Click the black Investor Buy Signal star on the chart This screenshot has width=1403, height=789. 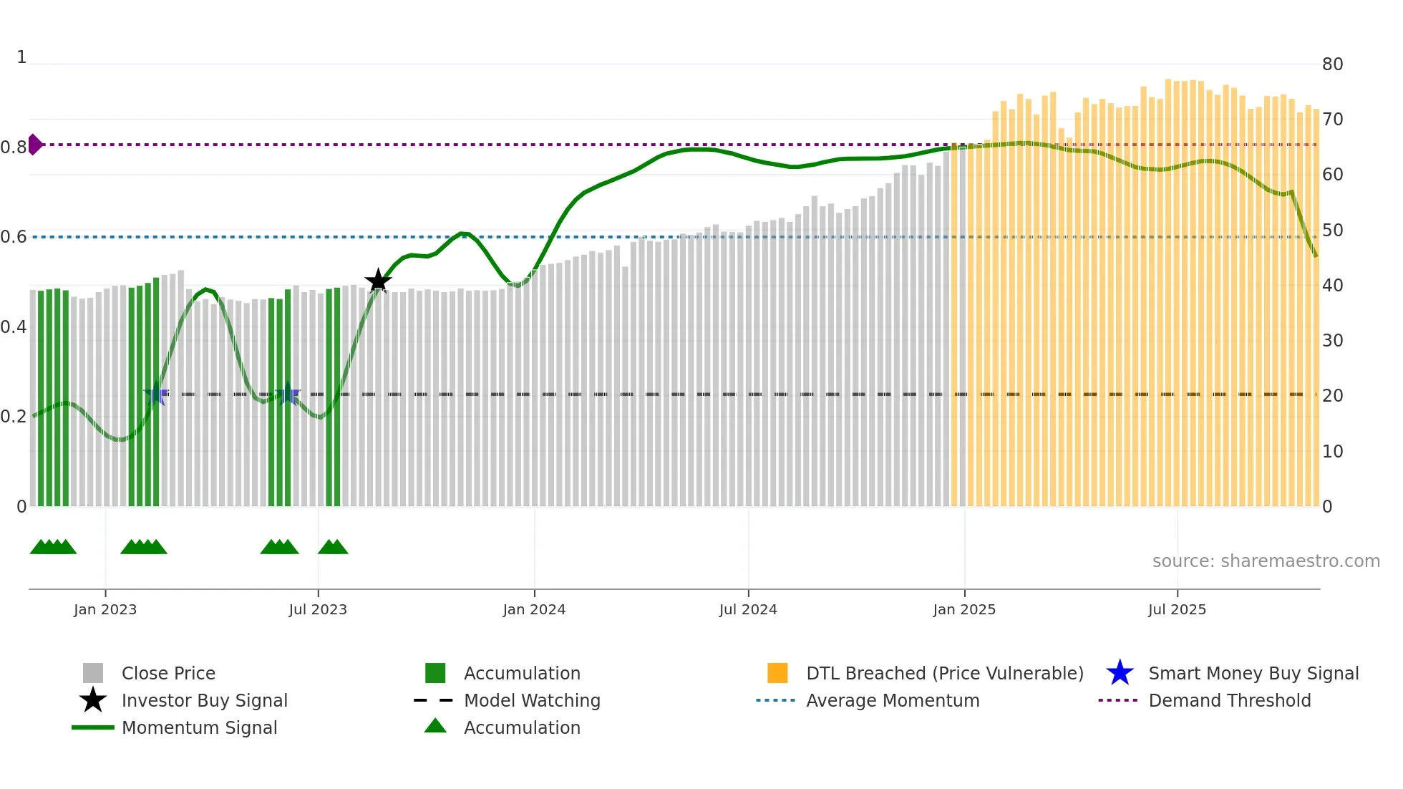[378, 281]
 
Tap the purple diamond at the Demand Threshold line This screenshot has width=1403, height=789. [34, 145]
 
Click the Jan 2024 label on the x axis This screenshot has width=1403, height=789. [534, 609]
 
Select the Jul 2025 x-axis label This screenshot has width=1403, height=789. [1177, 609]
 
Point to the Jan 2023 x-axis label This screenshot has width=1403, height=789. [105, 609]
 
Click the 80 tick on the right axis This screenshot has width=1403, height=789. [1332, 64]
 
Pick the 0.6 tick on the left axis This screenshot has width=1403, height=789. [13, 237]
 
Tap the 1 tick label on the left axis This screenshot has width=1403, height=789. [21, 57]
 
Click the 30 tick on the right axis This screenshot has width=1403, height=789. [1332, 341]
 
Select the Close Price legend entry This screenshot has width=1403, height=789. [168, 673]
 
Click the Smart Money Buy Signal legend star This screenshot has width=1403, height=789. [1120, 673]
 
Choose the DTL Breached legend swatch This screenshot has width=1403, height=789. [777, 673]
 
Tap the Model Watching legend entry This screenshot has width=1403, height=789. [532, 700]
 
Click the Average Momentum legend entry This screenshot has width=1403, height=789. [893, 700]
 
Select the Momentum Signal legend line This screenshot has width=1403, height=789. [93, 727]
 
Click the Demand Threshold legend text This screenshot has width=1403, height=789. [1230, 700]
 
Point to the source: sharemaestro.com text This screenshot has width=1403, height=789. [1266, 561]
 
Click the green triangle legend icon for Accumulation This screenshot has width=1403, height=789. [435, 726]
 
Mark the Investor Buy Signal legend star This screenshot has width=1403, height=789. [93, 700]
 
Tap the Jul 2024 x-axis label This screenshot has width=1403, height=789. [748, 609]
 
